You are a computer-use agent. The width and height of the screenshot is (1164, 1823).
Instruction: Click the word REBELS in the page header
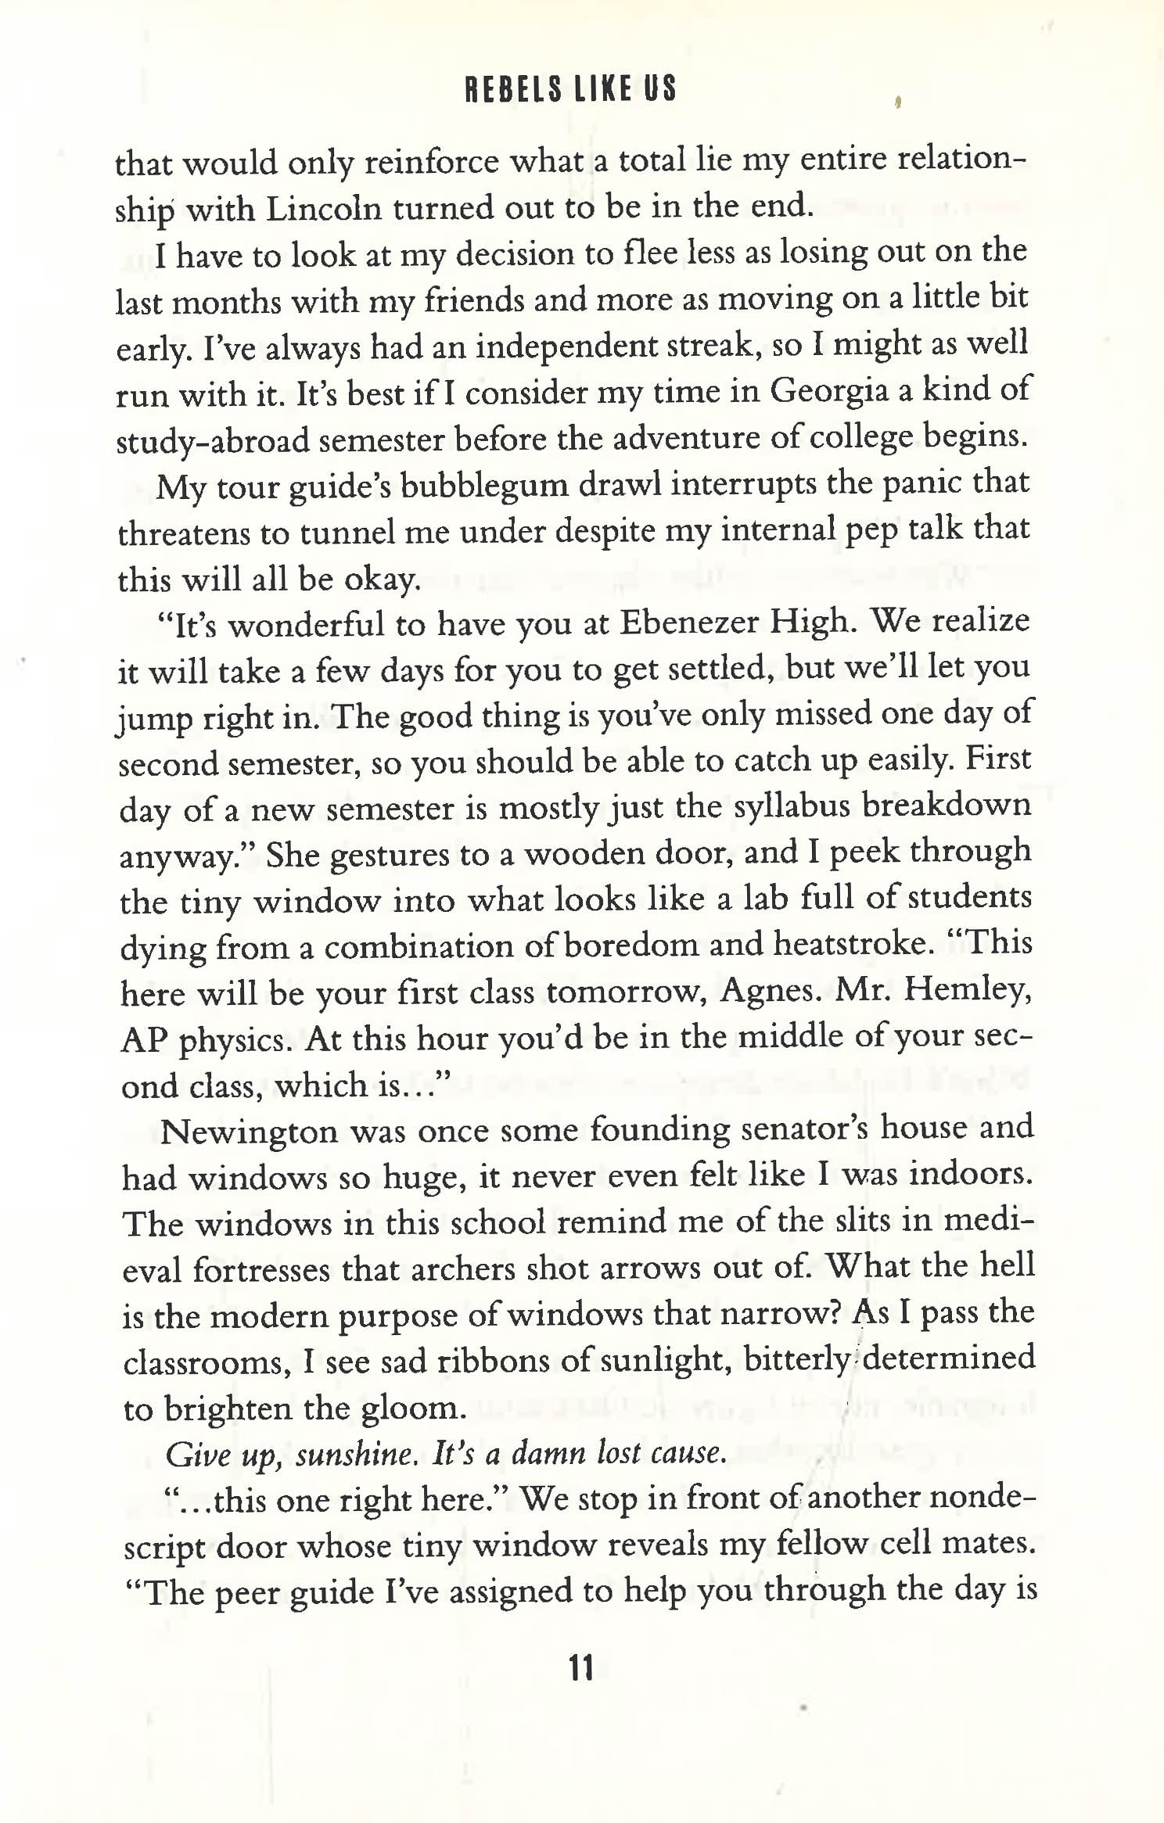[x=513, y=88]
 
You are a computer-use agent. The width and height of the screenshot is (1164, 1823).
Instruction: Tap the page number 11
[x=581, y=1669]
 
